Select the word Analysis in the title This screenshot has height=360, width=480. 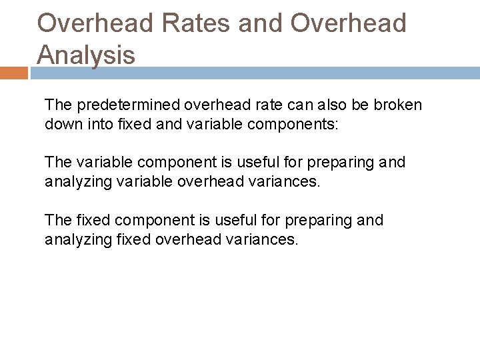[x=86, y=55]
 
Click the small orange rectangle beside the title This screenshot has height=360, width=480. [x=13, y=73]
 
